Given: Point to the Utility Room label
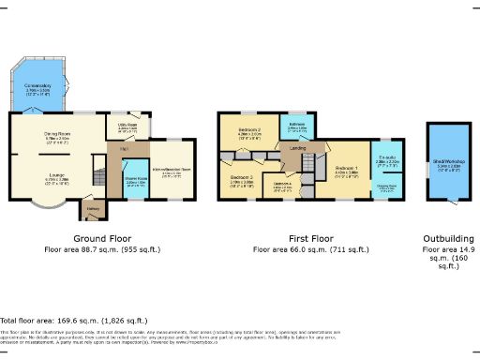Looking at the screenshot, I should [x=127, y=124].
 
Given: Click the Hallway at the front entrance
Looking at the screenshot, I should [x=93, y=208].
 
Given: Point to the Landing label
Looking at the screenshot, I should [x=298, y=147].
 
